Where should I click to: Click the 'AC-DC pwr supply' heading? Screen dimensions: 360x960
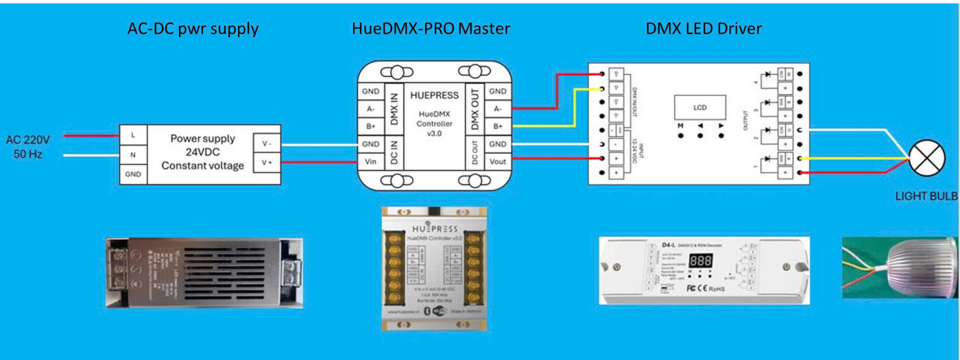pos(193,29)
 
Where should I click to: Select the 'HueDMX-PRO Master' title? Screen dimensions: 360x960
pos(431,29)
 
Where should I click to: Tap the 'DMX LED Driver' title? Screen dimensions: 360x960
pos(704,29)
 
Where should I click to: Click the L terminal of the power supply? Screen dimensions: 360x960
pos(132,135)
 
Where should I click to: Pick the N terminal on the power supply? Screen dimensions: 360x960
pos(132,155)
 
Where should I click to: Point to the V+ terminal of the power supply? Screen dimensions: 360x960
pos(267,163)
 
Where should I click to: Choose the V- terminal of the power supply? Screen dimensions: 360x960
pos(267,144)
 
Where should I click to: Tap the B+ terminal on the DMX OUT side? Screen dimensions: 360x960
pos(498,127)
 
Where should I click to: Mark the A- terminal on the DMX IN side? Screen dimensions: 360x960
pos(370,109)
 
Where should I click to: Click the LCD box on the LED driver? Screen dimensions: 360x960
pos(699,108)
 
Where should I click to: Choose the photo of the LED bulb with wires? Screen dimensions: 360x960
pos(900,268)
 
